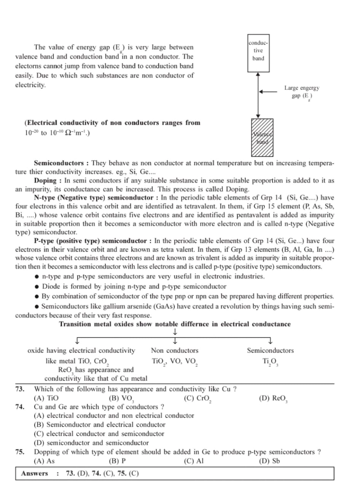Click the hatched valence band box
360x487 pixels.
click(x=262, y=137)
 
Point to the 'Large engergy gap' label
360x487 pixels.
click(x=302, y=92)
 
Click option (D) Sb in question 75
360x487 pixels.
click(x=269, y=461)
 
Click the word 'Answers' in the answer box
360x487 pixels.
click(x=35, y=473)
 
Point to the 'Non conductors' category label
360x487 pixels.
click(x=175, y=350)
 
